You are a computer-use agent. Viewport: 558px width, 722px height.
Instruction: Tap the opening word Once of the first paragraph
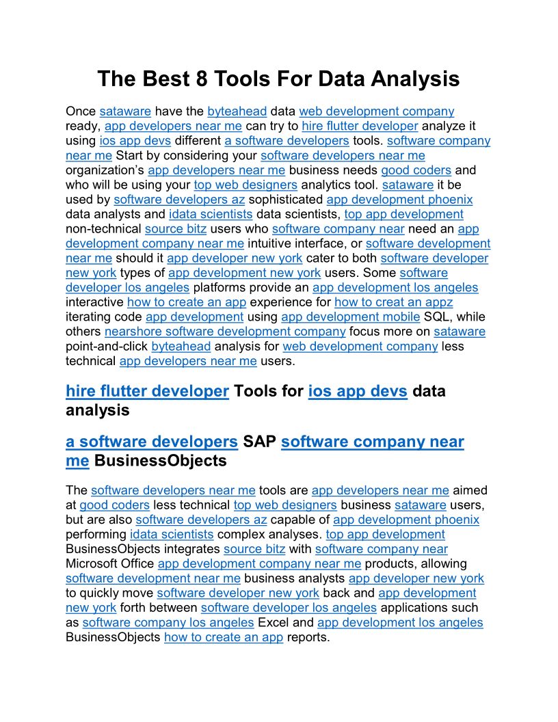(81, 111)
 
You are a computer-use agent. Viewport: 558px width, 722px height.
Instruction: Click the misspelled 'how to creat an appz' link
(393, 302)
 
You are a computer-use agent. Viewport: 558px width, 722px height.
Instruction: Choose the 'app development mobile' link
(350, 317)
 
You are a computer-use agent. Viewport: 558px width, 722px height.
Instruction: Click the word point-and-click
(107, 346)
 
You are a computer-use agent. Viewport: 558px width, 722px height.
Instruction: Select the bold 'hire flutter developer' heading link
(147, 391)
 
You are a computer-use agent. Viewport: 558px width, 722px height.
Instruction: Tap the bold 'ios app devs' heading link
(358, 391)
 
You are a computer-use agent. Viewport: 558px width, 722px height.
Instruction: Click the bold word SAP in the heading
(259, 442)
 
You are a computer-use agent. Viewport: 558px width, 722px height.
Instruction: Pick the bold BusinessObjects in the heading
(160, 460)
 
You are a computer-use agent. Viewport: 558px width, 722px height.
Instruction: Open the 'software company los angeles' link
(168, 622)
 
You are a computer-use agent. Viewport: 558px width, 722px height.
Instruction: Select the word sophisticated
(285, 199)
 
